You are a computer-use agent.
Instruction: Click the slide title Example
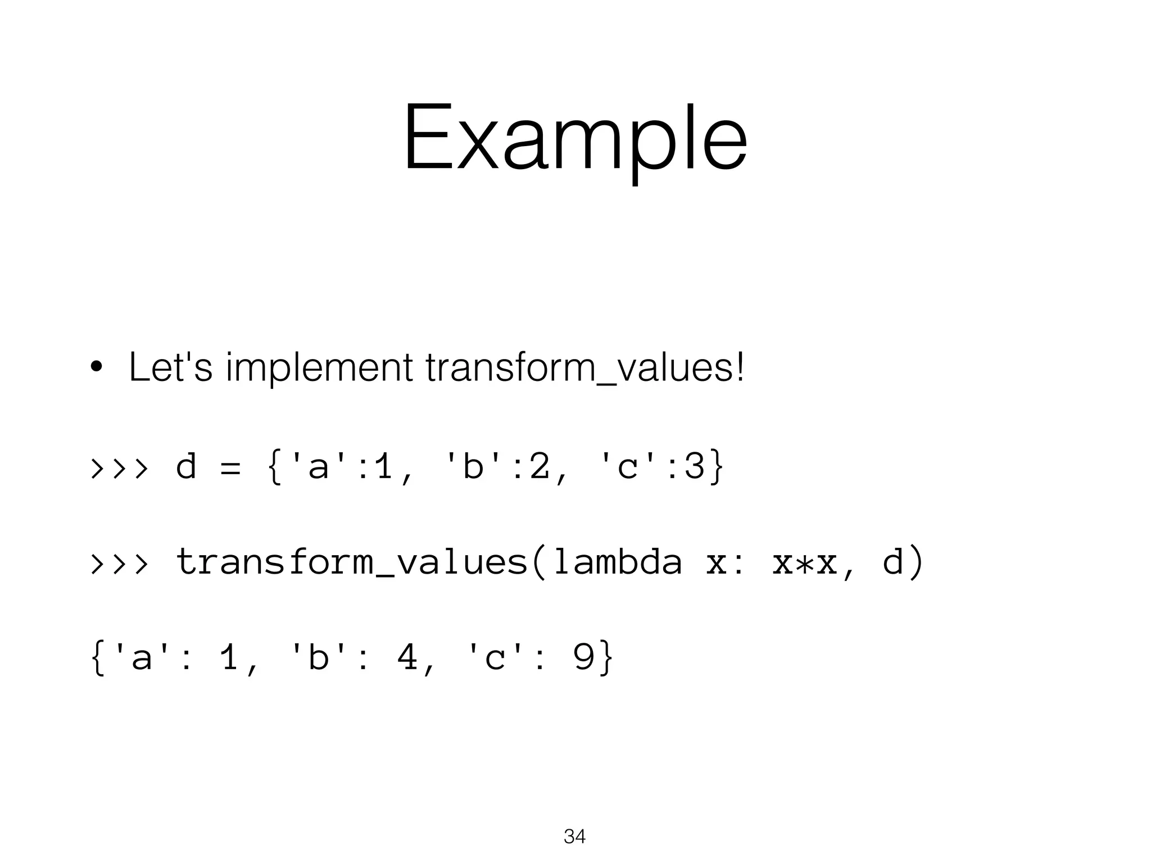[x=575, y=138]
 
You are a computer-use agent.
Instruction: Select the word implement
[x=319, y=368]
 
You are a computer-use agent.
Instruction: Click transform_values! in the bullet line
[x=585, y=368]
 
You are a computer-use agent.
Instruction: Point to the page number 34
[x=574, y=837]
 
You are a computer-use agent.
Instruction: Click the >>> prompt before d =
[x=120, y=467]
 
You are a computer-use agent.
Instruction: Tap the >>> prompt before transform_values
[x=120, y=562]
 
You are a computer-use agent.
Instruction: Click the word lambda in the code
[x=617, y=561]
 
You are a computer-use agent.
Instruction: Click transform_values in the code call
[x=351, y=562]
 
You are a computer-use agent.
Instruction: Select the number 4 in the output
[x=407, y=657]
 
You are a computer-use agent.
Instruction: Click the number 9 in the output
[x=584, y=657]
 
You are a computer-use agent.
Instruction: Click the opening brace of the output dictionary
[x=97, y=658]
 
